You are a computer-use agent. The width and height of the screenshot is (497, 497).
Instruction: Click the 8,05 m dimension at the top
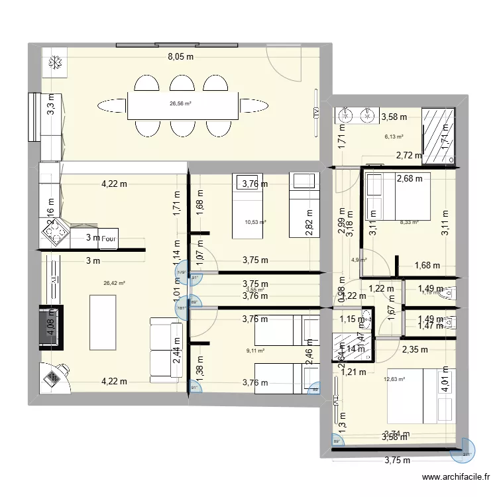pos(180,57)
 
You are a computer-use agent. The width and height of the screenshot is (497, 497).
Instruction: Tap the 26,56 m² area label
pos(180,103)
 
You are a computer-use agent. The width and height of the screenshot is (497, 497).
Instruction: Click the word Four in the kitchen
pos(110,239)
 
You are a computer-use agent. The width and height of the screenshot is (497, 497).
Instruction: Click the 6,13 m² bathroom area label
pos(394,137)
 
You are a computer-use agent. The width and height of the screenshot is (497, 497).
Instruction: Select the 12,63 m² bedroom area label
pos(394,379)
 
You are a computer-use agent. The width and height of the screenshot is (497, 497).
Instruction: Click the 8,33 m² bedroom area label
pos(409,223)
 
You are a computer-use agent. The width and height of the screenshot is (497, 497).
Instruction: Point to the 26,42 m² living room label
pos(114,283)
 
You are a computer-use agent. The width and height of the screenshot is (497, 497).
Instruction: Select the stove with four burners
pos(55,231)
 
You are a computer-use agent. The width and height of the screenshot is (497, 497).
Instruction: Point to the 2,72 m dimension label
pos(408,156)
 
